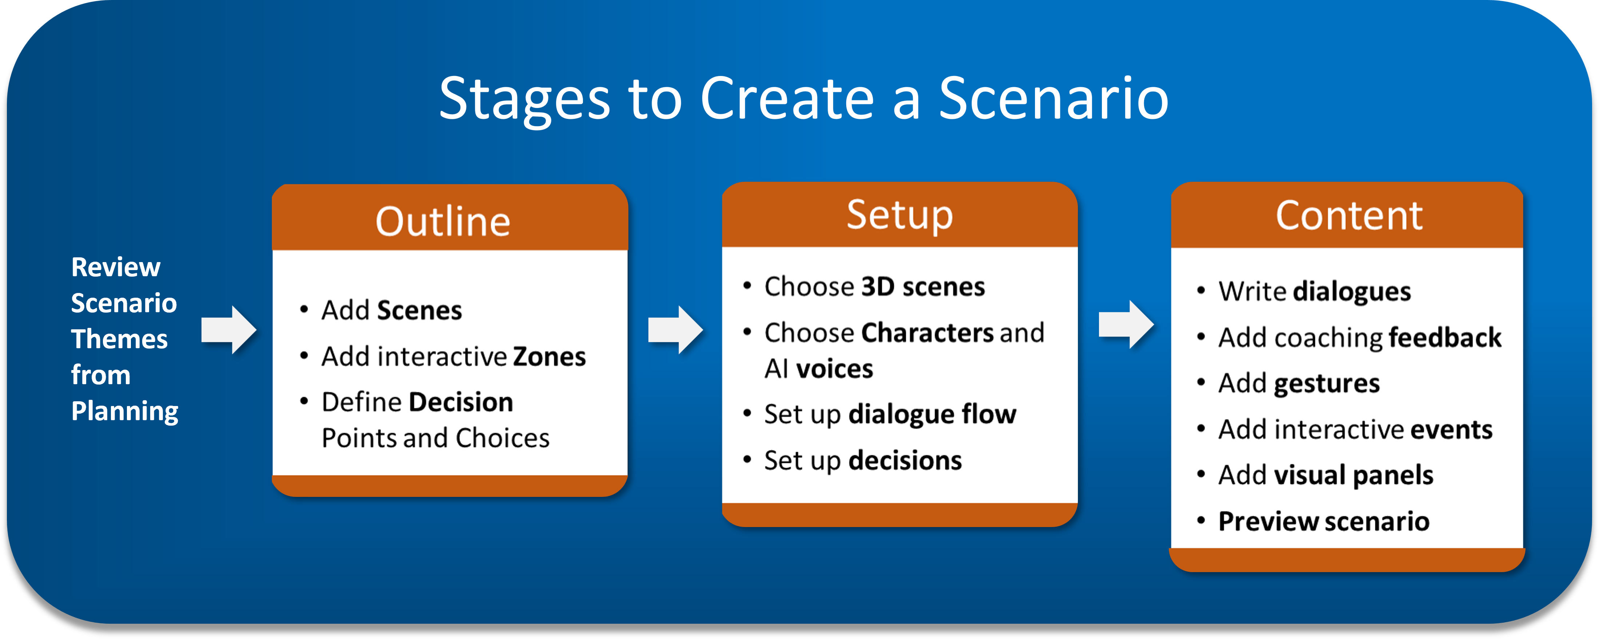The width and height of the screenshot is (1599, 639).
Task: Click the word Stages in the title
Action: [x=524, y=99]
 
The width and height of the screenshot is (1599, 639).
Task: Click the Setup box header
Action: [x=899, y=215]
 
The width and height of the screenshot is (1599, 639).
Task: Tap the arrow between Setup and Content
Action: [x=1126, y=325]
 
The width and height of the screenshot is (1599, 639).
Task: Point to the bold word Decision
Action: [x=461, y=403]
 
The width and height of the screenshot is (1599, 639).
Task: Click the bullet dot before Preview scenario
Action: [x=1201, y=521]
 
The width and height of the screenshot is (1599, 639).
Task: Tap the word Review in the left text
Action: [x=116, y=268]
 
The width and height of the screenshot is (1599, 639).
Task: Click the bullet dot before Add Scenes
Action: [x=304, y=310]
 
